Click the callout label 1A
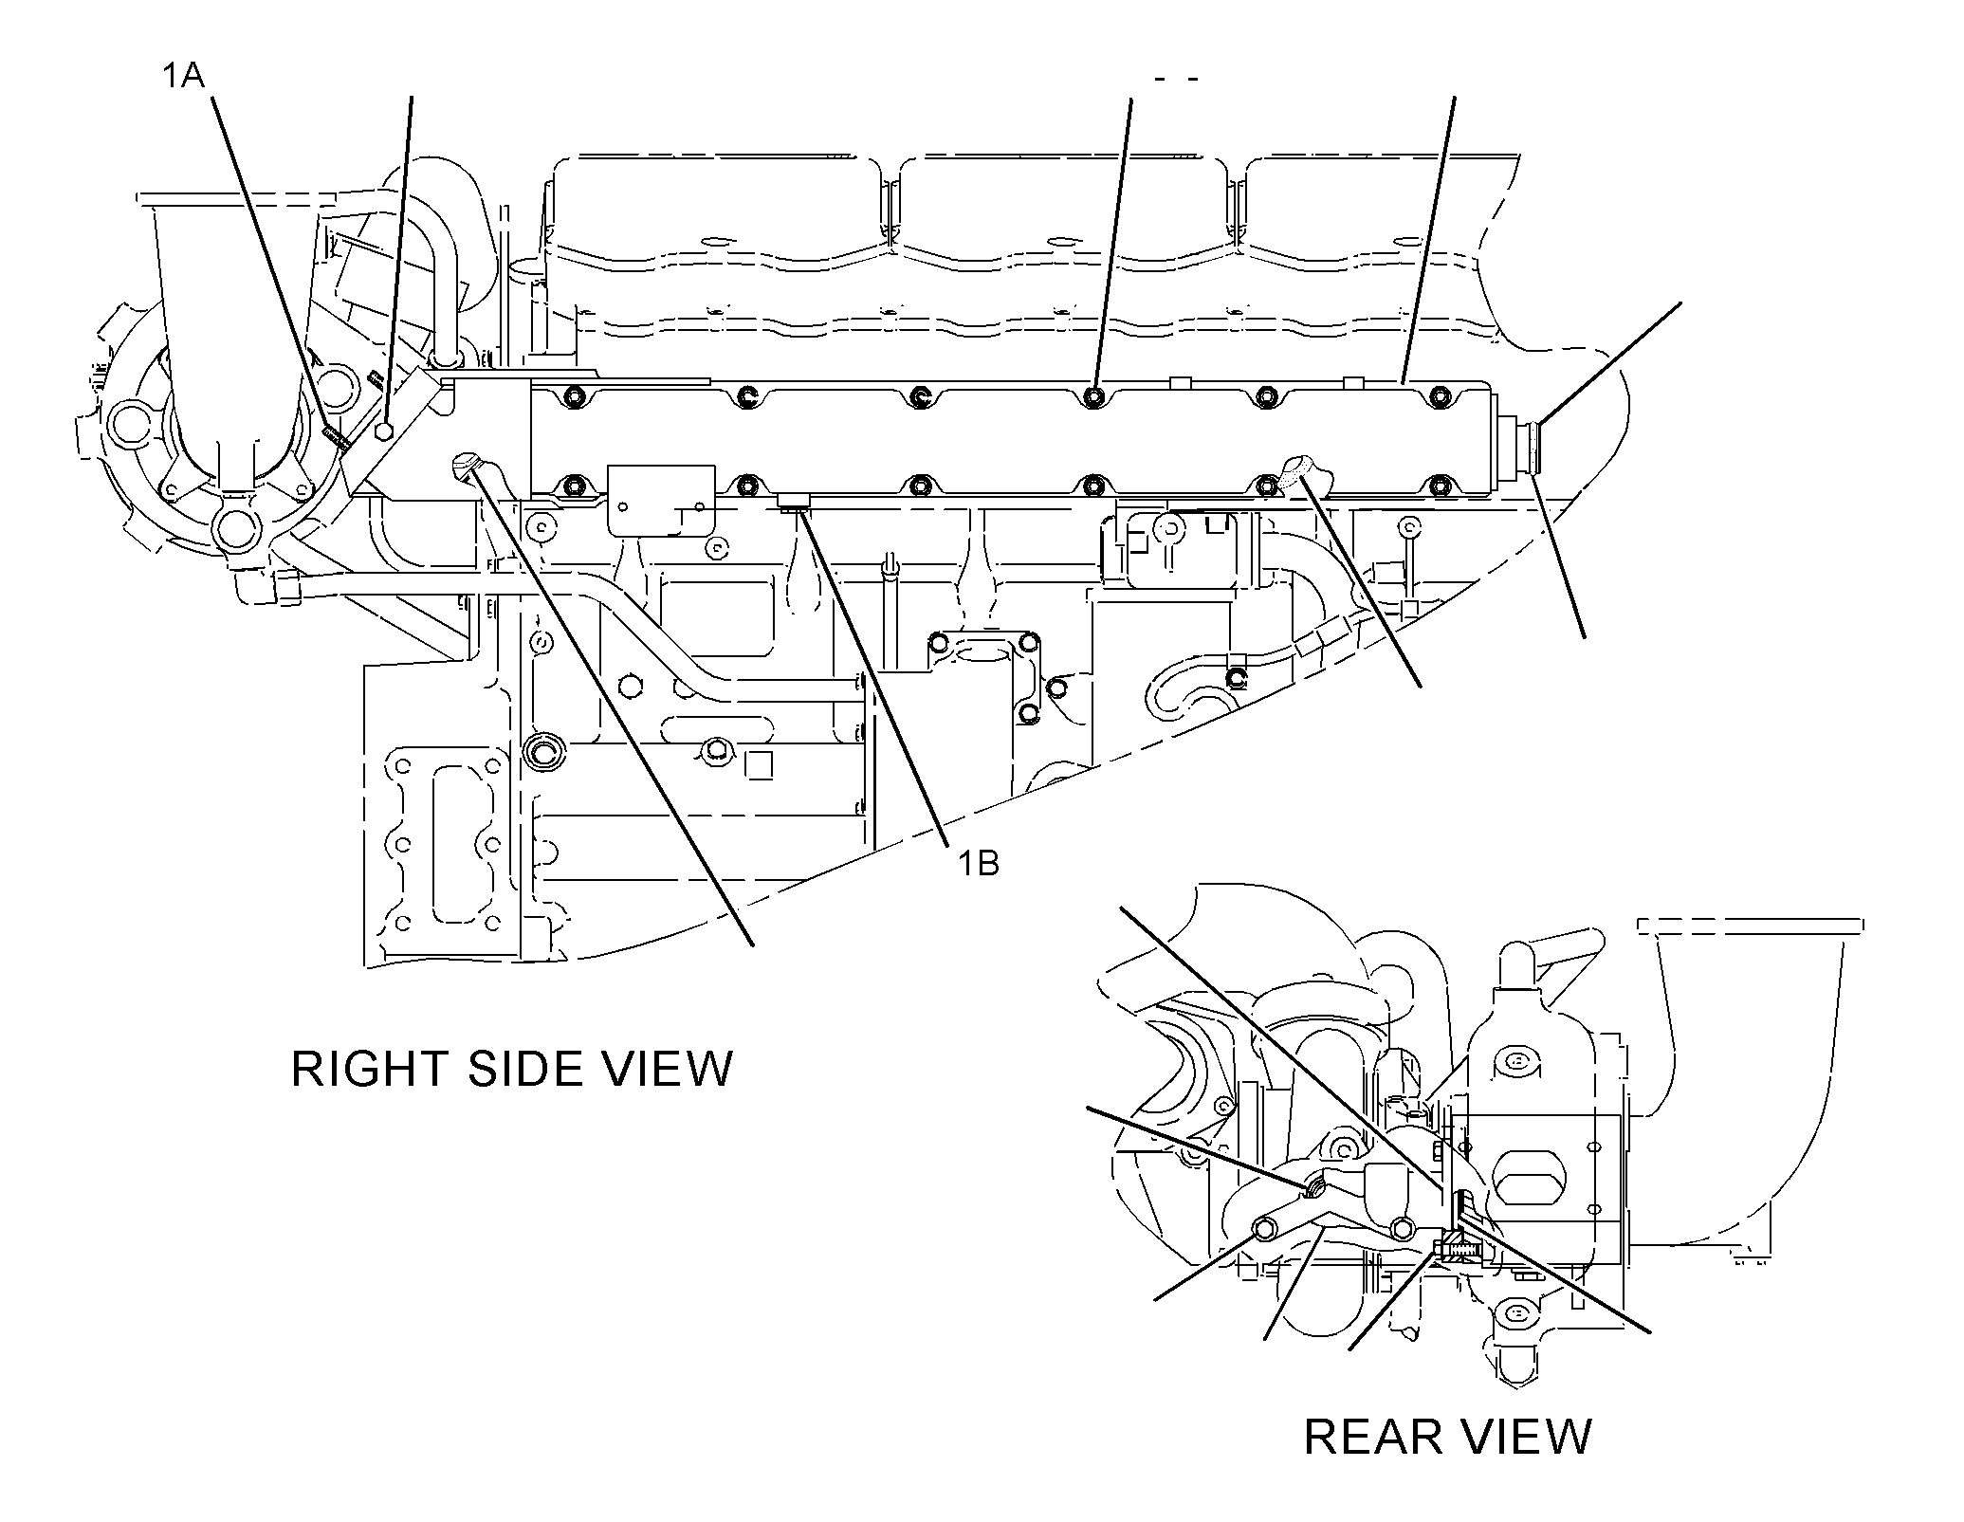coord(182,76)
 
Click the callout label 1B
coord(977,864)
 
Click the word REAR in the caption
coord(1373,1437)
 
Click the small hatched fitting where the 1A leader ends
coord(337,437)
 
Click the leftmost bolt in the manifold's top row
coord(575,394)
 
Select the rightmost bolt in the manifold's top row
coord(1440,394)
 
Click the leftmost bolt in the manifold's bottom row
coord(575,487)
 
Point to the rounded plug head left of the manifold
coord(466,465)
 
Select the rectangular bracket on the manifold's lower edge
coord(661,501)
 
